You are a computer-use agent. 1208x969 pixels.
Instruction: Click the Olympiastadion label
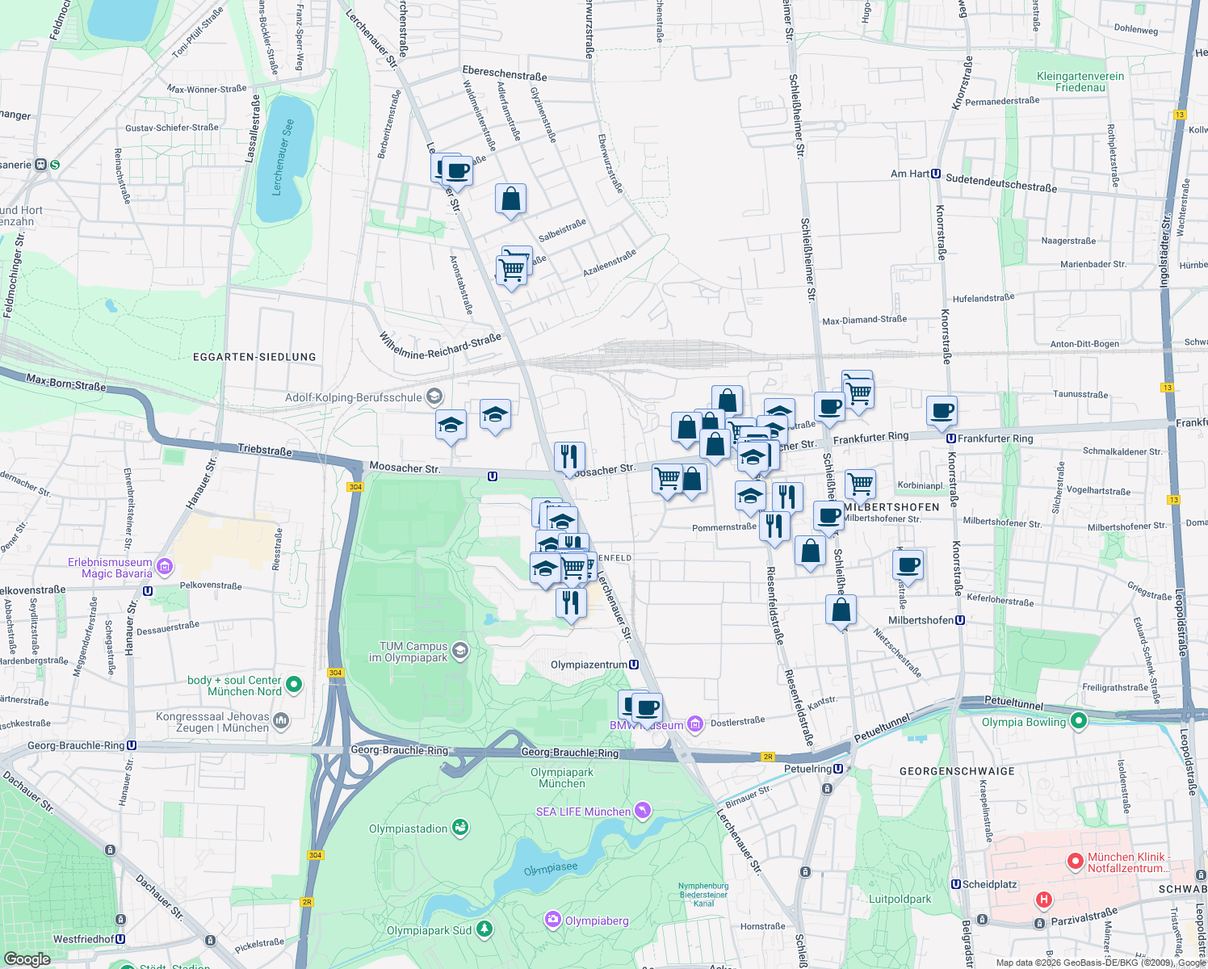[408, 828]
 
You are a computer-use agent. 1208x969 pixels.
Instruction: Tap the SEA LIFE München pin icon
[642, 810]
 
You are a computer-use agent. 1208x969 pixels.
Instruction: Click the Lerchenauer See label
[283, 157]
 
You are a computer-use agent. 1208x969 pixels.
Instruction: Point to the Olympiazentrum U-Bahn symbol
[635, 665]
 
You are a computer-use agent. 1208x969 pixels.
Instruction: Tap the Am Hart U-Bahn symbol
[936, 174]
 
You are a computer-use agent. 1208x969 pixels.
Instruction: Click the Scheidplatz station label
[990, 884]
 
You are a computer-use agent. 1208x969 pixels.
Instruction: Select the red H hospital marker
[1044, 900]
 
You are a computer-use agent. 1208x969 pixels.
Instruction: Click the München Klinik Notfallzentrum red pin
[1075, 862]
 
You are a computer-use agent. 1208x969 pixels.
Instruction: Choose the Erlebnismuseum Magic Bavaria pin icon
[165, 567]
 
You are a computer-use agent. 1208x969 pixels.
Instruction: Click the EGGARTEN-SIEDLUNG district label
[254, 357]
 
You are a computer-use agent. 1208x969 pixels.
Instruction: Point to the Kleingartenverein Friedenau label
[1080, 82]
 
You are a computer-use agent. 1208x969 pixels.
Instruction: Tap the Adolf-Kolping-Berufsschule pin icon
[434, 396]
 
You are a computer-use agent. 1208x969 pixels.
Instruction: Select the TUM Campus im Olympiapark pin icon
[459, 651]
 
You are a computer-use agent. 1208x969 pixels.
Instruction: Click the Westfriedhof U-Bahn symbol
[120, 939]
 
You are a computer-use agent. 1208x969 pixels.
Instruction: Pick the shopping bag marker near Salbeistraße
[510, 199]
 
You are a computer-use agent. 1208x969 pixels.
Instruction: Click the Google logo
[27, 959]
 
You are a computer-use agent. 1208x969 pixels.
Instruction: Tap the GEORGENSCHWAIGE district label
[957, 771]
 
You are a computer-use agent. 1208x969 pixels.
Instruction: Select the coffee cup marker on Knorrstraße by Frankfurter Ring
[942, 411]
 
